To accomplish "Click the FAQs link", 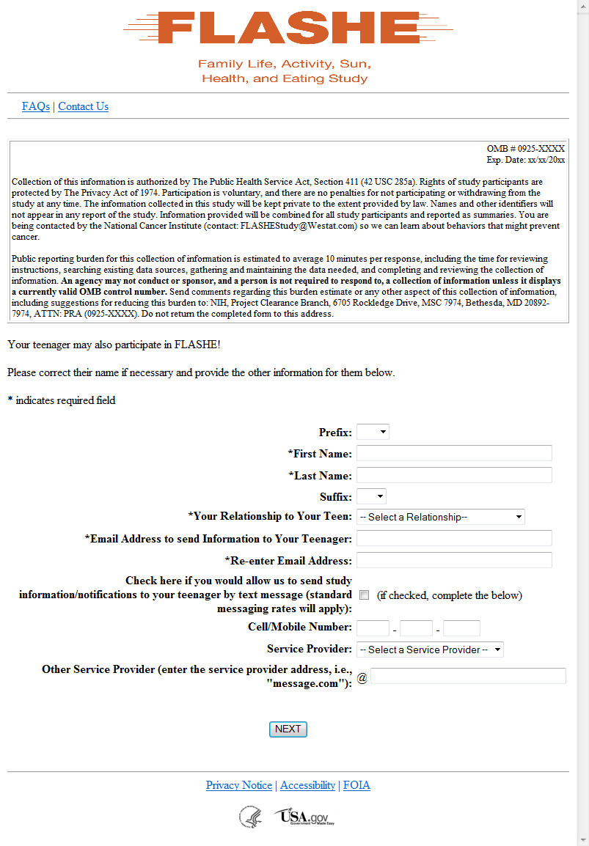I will coord(36,106).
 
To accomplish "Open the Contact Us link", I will coord(83,106).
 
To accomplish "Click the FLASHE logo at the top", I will coord(288,29).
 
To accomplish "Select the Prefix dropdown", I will coord(373,432).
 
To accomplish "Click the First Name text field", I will coord(454,453).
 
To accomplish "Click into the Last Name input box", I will coord(454,475).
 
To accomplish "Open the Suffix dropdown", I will coord(371,496).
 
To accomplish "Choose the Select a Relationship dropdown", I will coord(441,517).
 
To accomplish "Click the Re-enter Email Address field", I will coord(454,560).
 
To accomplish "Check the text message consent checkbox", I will coord(365,595).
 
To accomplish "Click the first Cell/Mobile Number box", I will coord(373,628).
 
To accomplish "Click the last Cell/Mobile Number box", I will coord(461,628).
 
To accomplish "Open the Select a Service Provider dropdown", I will coord(430,650).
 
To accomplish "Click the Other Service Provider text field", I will coord(468,676).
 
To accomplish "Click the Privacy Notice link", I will coord(239,785).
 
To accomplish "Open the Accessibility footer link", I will coord(307,785).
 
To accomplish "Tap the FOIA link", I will coord(356,785).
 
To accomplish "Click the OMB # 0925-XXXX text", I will coord(525,149).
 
